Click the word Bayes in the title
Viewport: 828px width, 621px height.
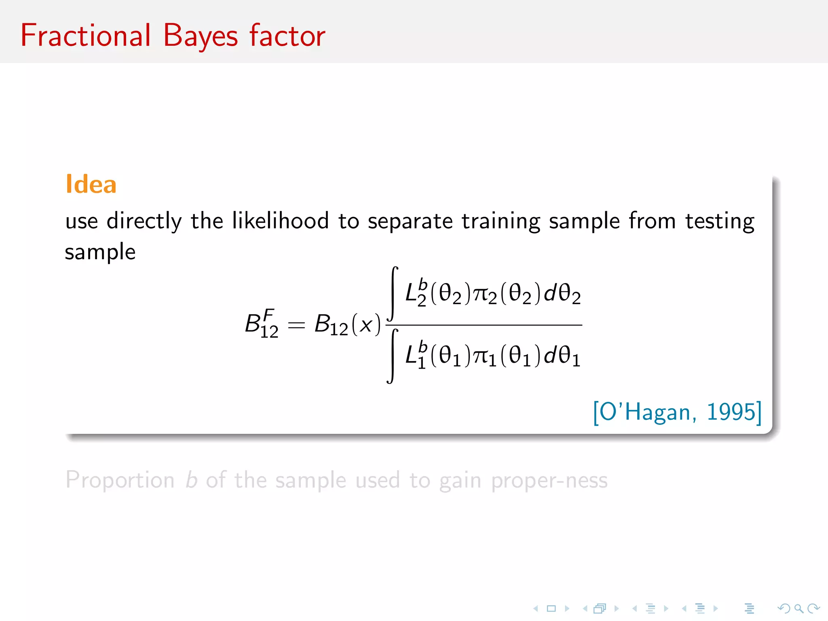200,36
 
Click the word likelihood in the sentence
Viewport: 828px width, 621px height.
280,221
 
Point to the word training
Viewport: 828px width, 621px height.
501,222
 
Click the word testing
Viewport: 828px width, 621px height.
720,222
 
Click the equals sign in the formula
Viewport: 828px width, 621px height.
296,325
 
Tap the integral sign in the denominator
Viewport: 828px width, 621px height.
392,356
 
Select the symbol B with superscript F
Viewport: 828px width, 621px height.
261,323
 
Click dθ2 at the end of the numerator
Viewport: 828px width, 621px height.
562,294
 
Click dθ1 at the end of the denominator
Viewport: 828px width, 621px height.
562,356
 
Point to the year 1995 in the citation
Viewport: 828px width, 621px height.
731,412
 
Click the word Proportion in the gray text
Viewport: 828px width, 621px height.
120,480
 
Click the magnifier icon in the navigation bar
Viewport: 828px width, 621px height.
798,608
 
